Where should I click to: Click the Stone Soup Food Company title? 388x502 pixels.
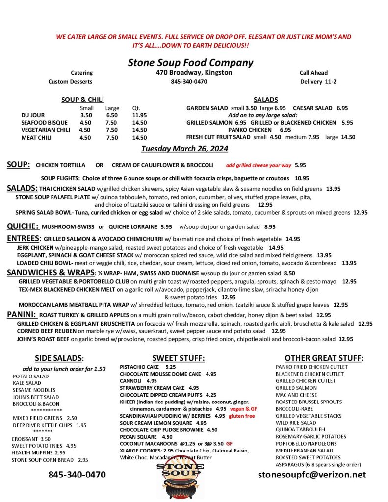click(190, 63)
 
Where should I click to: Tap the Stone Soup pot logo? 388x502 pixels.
click(181, 476)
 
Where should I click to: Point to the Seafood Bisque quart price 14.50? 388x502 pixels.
click(139, 123)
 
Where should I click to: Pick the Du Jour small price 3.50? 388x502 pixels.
click(86, 115)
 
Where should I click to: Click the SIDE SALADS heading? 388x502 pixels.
click(59, 358)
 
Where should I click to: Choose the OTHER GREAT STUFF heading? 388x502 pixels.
click(324, 358)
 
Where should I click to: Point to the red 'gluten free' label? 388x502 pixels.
click(242, 416)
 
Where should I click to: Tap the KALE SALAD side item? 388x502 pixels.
click(27, 383)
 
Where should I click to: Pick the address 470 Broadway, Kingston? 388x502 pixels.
click(191, 73)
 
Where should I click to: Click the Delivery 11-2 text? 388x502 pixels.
click(318, 82)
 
